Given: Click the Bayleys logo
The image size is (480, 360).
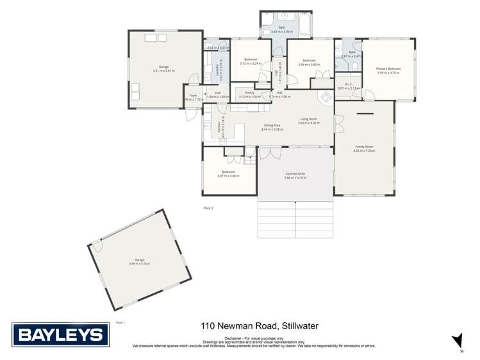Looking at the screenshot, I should pyautogui.click(x=60, y=334).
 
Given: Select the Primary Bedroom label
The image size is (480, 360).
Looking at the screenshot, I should pyautogui.click(x=388, y=69).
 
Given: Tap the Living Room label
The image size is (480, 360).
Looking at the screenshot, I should pyautogui.click(x=310, y=119).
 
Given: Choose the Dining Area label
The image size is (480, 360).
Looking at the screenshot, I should pyautogui.click(x=272, y=126).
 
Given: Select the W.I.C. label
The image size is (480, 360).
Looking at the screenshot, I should pyautogui.click(x=349, y=84).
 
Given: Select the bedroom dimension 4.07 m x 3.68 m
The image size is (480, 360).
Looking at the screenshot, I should pyautogui.click(x=229, y=176).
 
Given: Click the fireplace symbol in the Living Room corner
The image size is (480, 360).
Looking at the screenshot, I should pyautogui.click(x=325, y=97).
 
